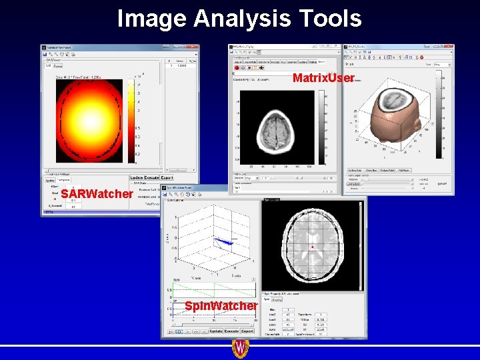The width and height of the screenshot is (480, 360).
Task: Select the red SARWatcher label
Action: [97, 194]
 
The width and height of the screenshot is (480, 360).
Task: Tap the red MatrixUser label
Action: [323, 79]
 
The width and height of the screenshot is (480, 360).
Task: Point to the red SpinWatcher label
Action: [221, 305]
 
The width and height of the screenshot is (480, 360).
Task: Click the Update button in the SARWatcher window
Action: [138, 178]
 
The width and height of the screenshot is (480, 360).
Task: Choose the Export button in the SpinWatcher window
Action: [247, 331]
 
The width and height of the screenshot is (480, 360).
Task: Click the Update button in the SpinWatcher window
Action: [216, 331]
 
